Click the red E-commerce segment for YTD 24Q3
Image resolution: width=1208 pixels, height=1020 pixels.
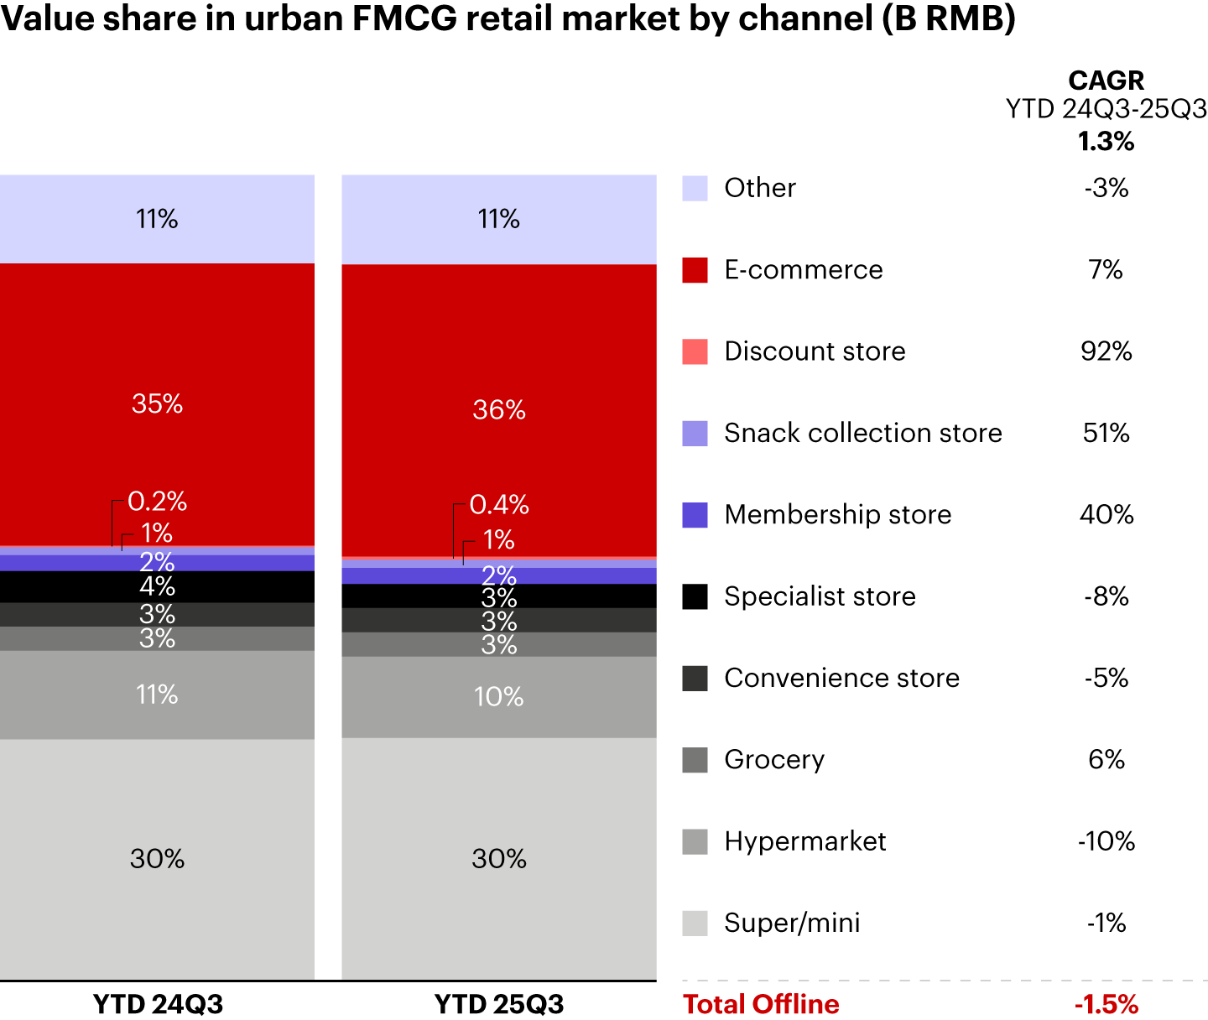click(157, 352)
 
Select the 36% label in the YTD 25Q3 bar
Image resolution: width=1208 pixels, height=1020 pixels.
click(499, 410)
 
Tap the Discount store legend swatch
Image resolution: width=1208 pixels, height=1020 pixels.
click(695, 351)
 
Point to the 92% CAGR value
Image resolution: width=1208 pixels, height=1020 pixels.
click(1106, 351)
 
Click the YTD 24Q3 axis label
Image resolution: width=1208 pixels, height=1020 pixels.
click(158, 1004)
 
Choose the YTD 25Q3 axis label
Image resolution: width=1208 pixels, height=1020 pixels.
click(499, 1004)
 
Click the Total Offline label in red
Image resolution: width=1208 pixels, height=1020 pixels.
click(761, 1004)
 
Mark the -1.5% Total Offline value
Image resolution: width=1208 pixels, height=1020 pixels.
click(1106, 1004)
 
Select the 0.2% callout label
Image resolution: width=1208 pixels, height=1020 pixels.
click(158, 502)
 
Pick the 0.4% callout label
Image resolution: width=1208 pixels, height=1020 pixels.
click(499, 505)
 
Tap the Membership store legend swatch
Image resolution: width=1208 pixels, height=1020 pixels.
click(695, 515)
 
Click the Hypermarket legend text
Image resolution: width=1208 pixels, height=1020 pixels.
click(805, 841)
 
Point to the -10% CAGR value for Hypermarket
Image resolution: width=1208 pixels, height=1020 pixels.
click(1106, 841)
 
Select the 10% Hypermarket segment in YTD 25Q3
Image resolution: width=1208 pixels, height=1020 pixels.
click(499, 697)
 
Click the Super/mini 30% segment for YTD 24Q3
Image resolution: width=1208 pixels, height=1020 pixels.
click(157, 859)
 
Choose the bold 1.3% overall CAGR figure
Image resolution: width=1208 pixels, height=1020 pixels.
click(1106, 142)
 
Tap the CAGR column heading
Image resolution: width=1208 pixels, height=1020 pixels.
click(1106, 81)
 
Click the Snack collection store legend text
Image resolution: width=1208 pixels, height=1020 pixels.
click(863, 433)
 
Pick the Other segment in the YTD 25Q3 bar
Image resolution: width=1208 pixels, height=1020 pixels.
click(499, 220)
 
